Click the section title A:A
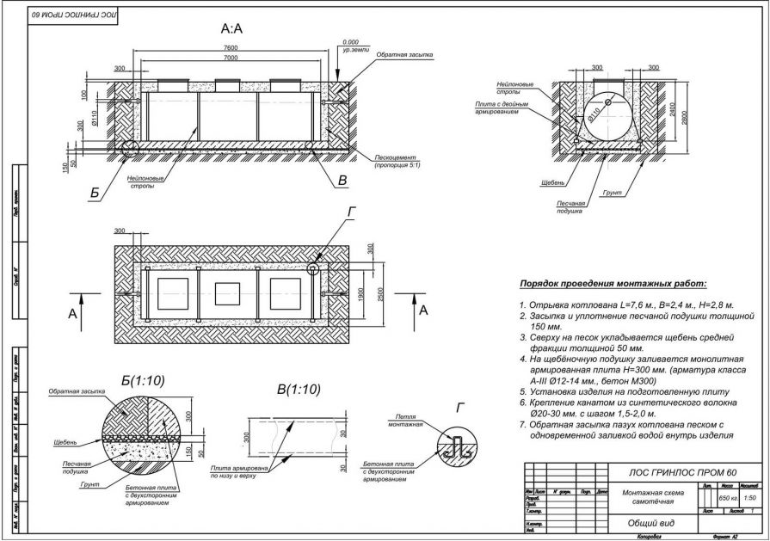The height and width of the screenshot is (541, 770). pyautogui.click(x=232, y=28)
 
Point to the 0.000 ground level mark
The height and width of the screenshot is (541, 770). pyautogui.click(x=350, y=42)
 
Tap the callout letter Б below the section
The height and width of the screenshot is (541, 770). pyautogui.click(x=94, y=194)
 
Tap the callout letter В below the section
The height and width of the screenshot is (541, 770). pyautogui.click(x=342, y=181)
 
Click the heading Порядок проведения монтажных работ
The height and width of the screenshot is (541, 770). pyautogui.click(x=612, y=283)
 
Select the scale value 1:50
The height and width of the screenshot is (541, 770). pyautogui.click(x=750, y=497)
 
